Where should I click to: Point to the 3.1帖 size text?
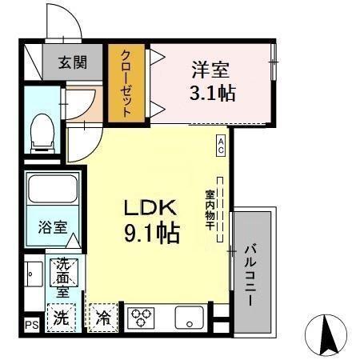211,93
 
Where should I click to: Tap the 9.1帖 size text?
151,234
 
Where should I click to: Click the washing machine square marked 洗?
61,317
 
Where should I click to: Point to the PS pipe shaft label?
30,325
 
